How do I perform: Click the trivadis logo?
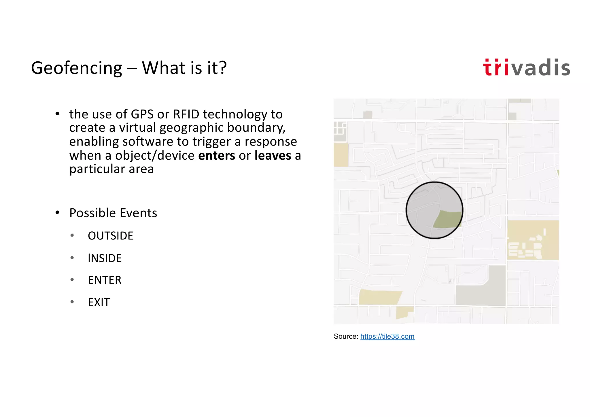click(526, 68)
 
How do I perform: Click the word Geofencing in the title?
click(77, 68)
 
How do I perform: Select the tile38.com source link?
click(387, 336)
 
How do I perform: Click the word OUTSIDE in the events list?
click(111, 236)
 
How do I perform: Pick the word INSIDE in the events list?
click(105, 258)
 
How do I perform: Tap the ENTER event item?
click(105, 280)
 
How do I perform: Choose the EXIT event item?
click(99, 303)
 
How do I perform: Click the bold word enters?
click(217, 156)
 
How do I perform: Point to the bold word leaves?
click(273, 156)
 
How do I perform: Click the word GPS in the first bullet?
click(142, 114)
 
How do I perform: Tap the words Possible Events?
click(113, 213)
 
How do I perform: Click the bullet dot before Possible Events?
click(57, 213)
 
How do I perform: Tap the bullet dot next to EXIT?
click(72, 302)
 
